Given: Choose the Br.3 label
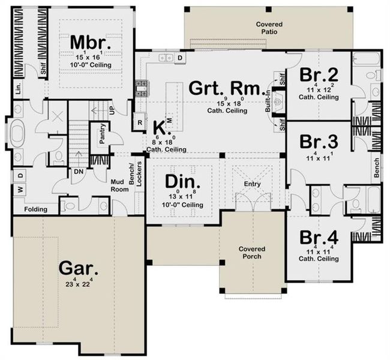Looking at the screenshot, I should coord(316,143).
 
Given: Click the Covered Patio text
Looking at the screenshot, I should coord(269,28).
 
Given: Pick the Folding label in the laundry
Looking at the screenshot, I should coord(35,210).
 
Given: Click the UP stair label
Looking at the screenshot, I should coord(112,109).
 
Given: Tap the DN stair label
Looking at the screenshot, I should coord(79,171).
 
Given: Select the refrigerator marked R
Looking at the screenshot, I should coord(139,122).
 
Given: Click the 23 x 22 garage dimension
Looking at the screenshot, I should coord(76,283).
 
